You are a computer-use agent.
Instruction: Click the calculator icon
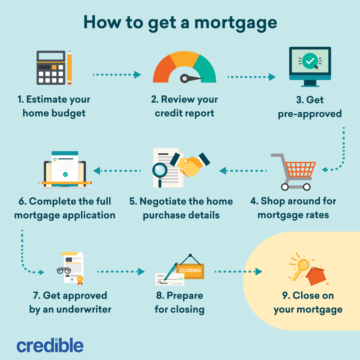[x=50, y=68]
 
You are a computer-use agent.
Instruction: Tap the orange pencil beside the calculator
[x=69, y=68]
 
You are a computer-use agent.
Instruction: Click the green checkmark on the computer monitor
[x=309, y=62]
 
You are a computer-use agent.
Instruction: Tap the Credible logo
[x=50, y=345]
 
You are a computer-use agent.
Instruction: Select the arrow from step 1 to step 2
[x=116, y=75]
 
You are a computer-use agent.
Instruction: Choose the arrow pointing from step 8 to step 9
[x=238, y=271]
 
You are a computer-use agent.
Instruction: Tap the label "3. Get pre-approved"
[x=310, y=107]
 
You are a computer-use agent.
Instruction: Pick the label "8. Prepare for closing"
[x=180, y=302]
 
